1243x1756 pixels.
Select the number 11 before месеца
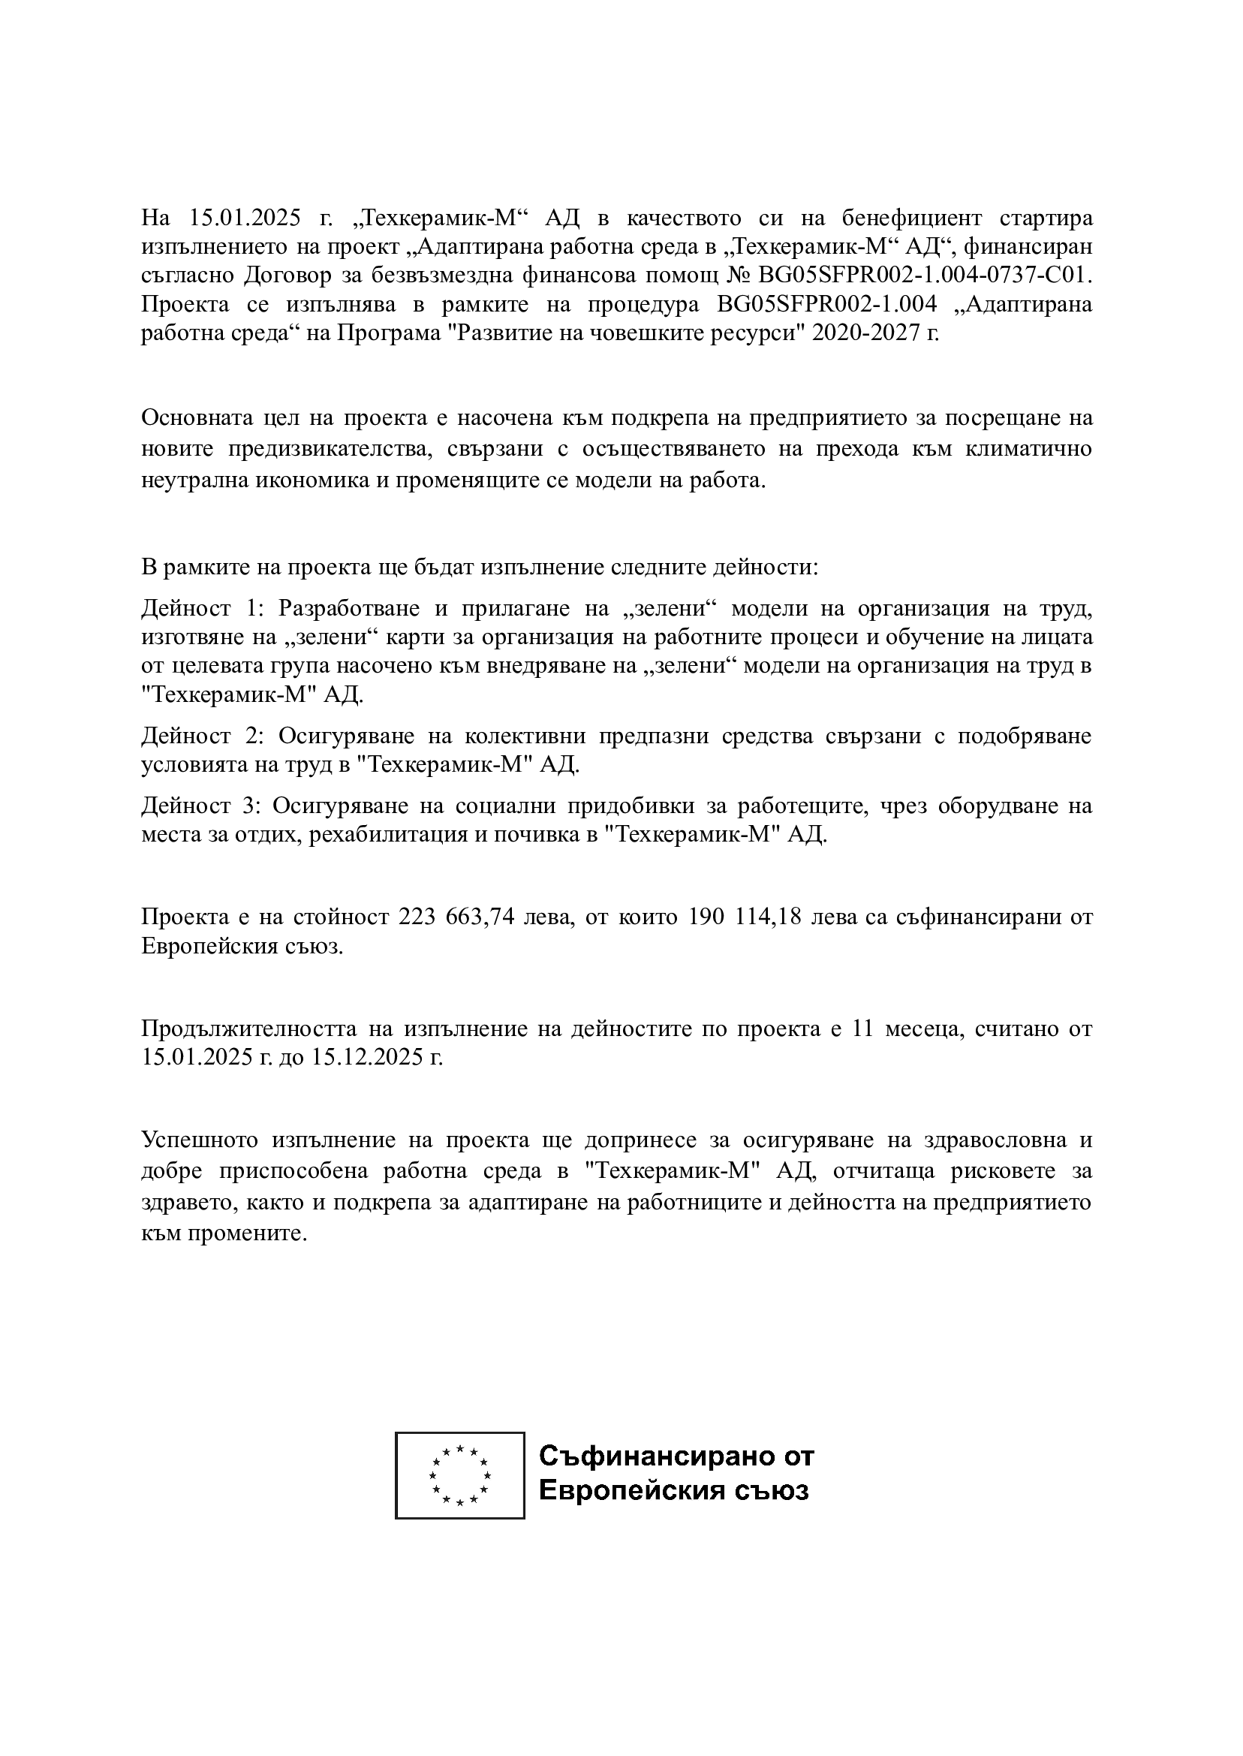(862, 1029)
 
